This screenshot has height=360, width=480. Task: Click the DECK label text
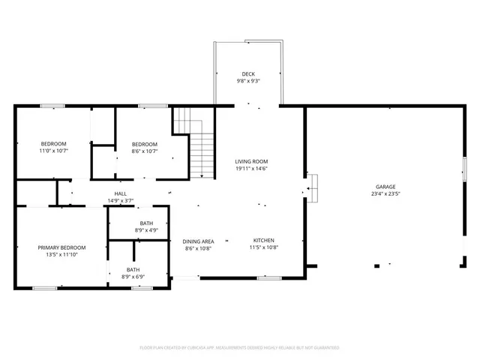click(x=247, y=73)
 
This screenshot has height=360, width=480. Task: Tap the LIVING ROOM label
click(x=251, y=161)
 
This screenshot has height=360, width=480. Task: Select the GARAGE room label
click(x=385, y=187)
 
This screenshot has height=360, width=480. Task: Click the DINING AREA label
click(x=198, y=241)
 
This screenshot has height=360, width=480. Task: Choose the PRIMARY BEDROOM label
click(x=62, y=247)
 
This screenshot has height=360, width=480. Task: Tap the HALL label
click(x=120, y=193)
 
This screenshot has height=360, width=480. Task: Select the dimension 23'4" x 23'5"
click(x=385, y=193)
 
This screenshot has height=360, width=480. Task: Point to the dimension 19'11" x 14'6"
click(x=251, y=169)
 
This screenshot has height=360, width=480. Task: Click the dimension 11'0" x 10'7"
click(x=53, y=151)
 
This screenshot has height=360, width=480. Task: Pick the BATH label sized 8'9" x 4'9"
click(x=146, y=223)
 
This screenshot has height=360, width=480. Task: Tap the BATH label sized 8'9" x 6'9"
click(x=133, y=270)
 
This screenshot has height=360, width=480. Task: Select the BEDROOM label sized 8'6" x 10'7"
click(x=145, y=144)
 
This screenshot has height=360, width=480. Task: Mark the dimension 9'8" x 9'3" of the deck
click(x=247, y=80)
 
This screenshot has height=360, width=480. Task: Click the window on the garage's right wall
click(x=464, y=169)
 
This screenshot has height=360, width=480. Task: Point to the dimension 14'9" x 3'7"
click(x=120, y=200)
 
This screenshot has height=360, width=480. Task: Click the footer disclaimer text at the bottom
click(x=240, y=348)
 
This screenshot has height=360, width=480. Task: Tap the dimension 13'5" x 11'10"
click(x=62, y=254)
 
